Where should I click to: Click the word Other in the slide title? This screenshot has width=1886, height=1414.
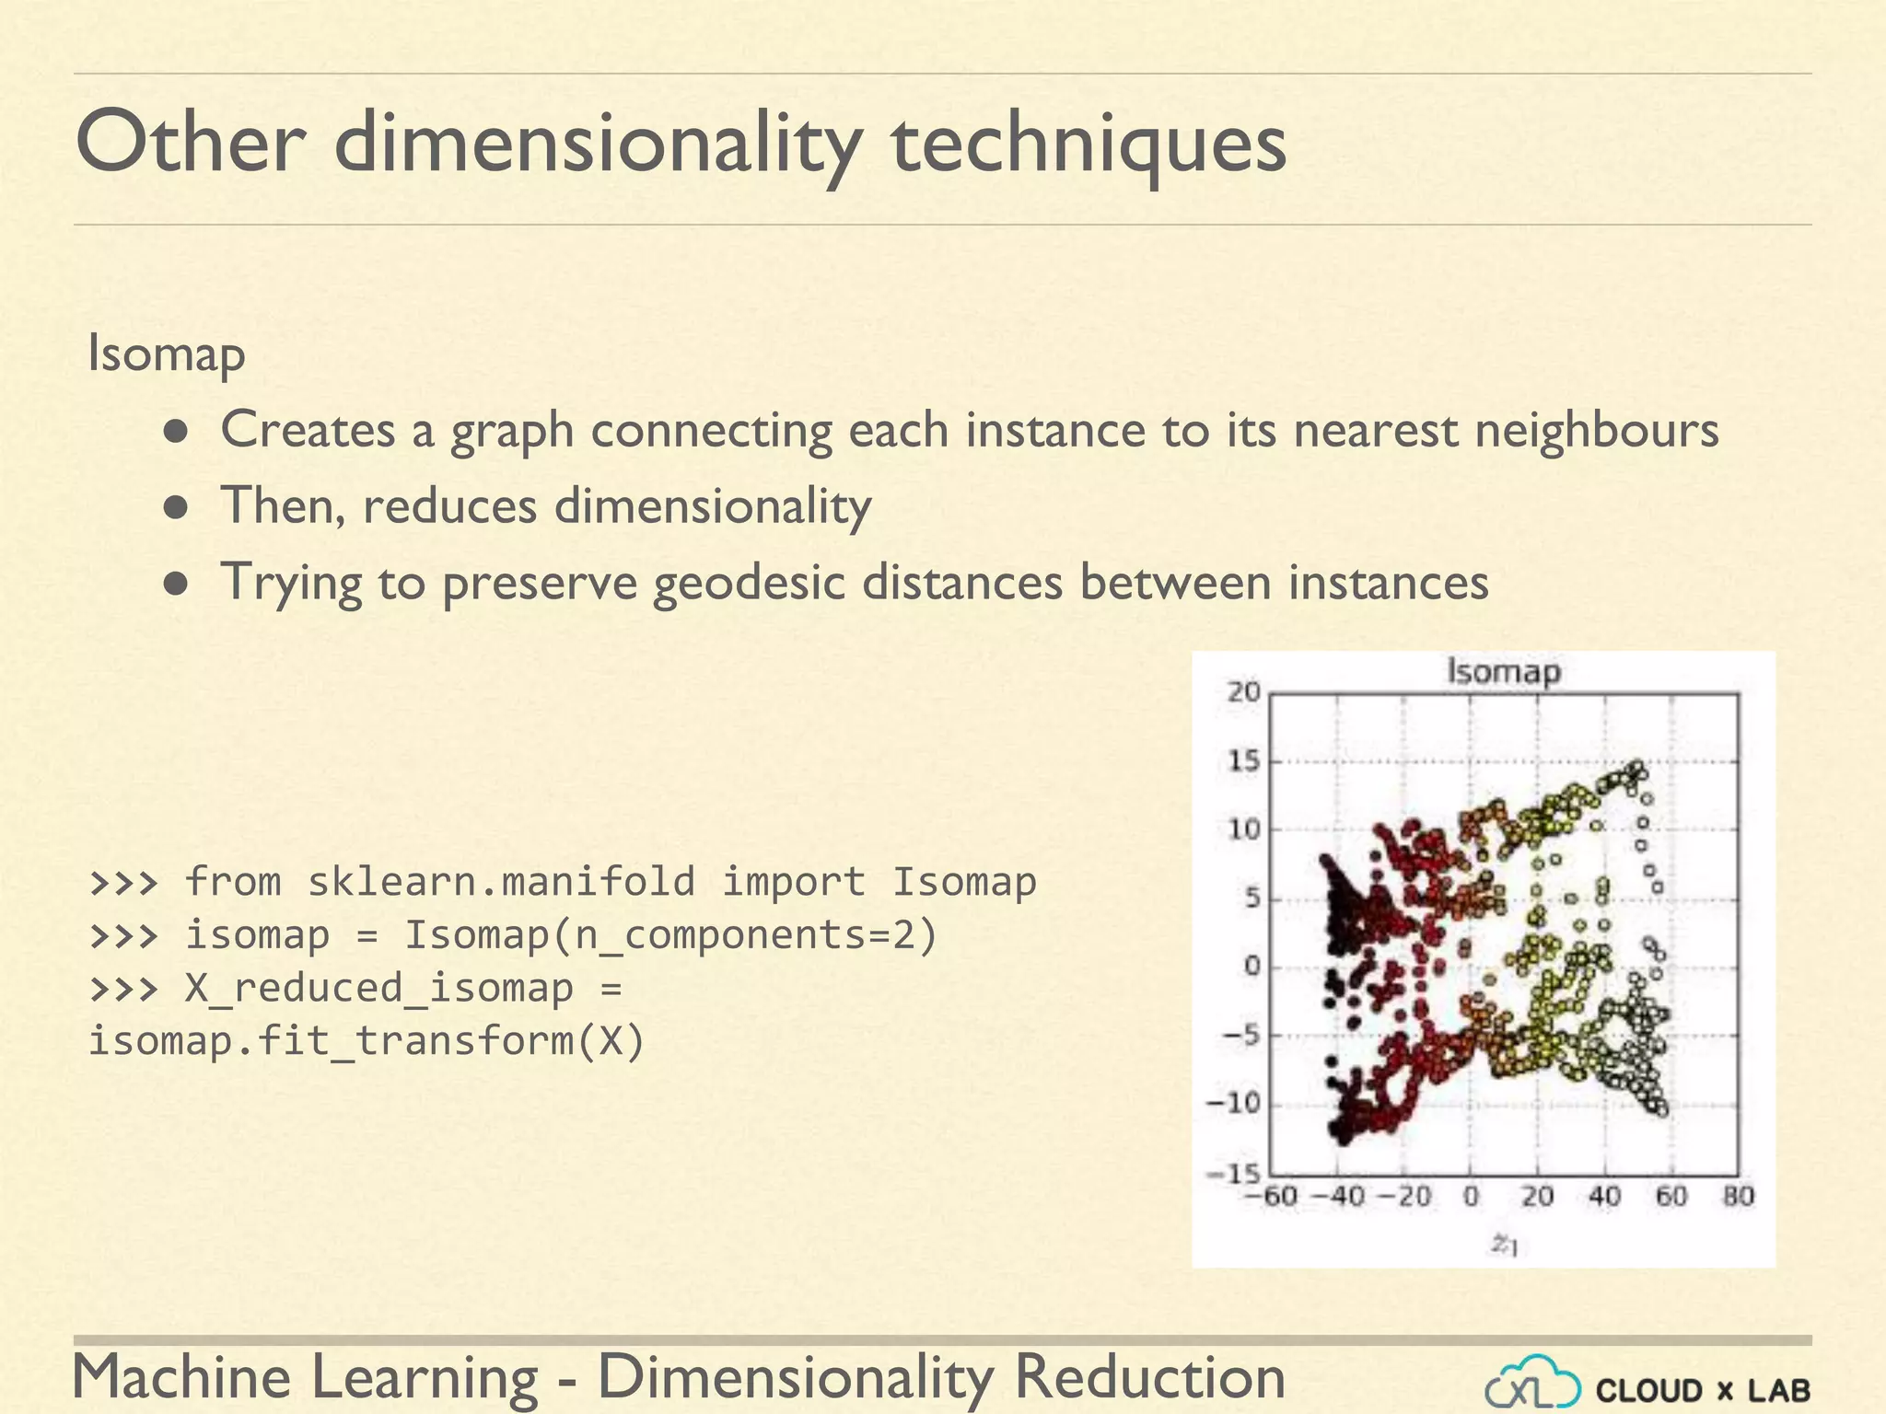click(191, 143)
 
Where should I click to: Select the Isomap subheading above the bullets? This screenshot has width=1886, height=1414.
click(167, 353)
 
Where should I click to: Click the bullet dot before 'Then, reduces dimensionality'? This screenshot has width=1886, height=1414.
click(177, 507)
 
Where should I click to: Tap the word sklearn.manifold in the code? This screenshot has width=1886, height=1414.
click(501, 881)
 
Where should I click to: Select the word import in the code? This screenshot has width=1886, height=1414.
click(793, 881)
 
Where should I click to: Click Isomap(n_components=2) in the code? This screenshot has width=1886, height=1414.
click(670, 934)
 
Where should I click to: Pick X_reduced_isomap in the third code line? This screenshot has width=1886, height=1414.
click(378, 988)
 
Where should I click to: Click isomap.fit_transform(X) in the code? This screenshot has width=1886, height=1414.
click(367, 1041)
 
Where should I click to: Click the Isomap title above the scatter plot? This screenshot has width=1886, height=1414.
click(1504, 671)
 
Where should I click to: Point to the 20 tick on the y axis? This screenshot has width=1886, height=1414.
click(1243, 691)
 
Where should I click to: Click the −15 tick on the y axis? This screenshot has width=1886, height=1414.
click(1234, 1174)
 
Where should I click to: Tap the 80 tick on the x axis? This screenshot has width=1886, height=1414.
click(1739, 1197)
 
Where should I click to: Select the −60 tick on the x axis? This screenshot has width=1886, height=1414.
click(1271, 1197)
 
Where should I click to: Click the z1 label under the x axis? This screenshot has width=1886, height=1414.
click(1504, 1245)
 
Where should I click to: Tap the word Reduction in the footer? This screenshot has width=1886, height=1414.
click(1149, 1377)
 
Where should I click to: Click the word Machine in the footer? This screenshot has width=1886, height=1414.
click(181, 1377)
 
